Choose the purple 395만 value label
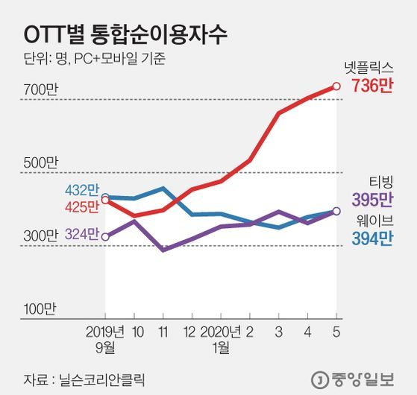[371, 200]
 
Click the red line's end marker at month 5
[336, 86]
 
